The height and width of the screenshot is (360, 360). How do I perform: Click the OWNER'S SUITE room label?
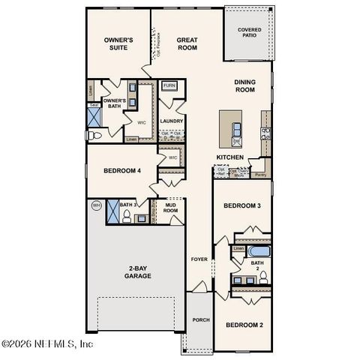pyautogui.click(x=118, y=43)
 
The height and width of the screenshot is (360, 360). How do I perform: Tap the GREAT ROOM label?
pyautogui.click(x=187, y=43)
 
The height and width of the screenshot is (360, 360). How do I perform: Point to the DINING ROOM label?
pyautogui.click(x=245, y=85)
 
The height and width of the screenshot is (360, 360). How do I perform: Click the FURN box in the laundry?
pyautogui.click(x=169, y=86)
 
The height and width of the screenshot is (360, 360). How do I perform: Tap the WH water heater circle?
pyautogui.click(x=96, y=205)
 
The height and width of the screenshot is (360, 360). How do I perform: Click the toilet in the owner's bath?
pyautogui.click(x=94, y=136)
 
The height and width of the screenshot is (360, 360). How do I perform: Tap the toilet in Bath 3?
pyautogui.click(x=127, y=217)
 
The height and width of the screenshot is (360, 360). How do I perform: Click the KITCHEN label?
pyautogui.click(x=230, y=157)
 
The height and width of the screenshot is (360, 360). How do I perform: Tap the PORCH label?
pyautogui.click(x=201, y=320)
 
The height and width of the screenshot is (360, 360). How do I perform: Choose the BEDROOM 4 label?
pyautogui.click(x=122, y=171)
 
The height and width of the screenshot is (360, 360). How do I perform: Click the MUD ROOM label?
pyautogui.click(x=171, y=208)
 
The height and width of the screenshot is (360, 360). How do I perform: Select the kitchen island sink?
pyautogui.click(x=237, y=139)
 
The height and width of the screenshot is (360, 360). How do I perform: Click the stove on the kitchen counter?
pyautogui.click(x=265, y=133)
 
